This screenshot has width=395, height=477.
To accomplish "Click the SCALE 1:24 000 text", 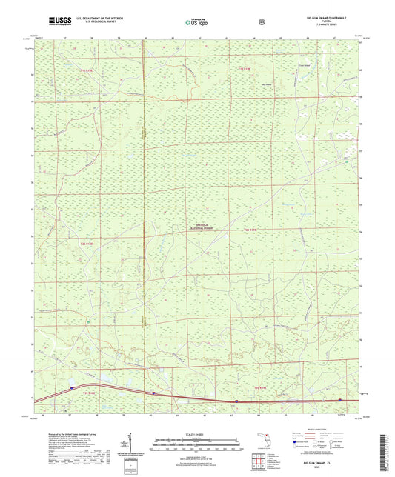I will point(197,433).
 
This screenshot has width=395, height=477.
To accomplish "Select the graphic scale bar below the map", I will point(197,443).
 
